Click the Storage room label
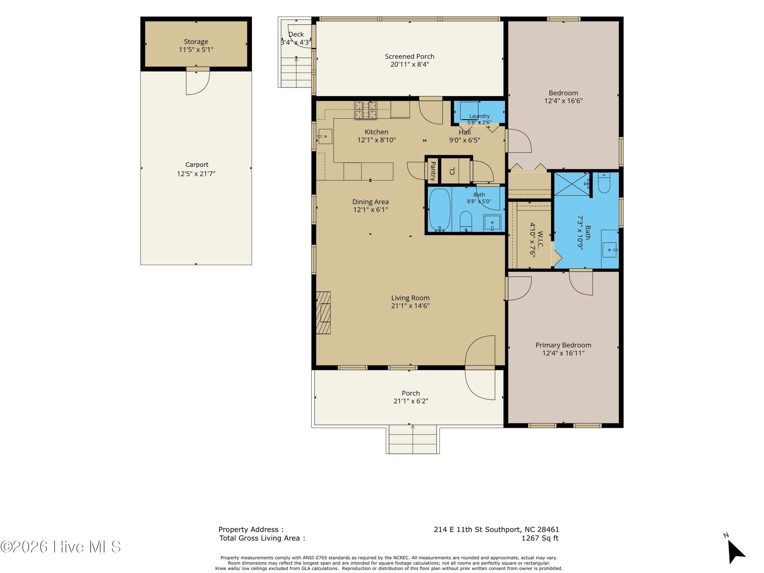196,42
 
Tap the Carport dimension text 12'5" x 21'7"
196,174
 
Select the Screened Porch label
410,56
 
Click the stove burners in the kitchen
365,110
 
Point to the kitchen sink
325,137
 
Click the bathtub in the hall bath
439,210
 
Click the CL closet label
453,171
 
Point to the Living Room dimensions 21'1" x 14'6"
410,306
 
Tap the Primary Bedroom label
563,345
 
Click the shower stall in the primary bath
572,184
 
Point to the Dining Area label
370,202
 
